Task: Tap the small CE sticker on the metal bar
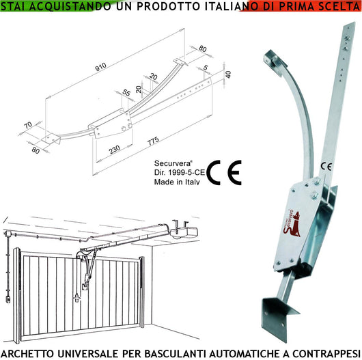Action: [326, 165]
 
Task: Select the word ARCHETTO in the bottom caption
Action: [33, 352]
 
